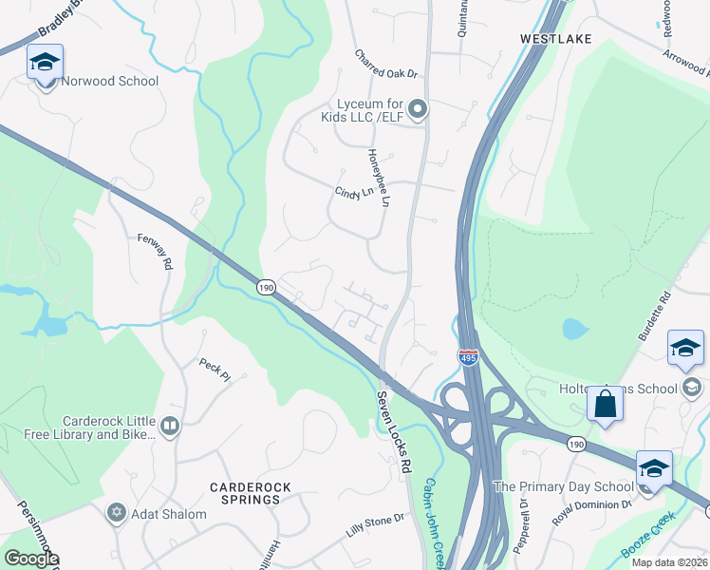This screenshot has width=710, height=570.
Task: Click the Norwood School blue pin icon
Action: click(45, 65)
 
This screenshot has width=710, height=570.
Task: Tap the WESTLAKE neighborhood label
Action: click(555, 39)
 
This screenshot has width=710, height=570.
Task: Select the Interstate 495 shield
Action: click(468, 358)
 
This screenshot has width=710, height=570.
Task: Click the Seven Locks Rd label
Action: click(393, 432)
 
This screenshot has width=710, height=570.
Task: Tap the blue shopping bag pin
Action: click(604, 406)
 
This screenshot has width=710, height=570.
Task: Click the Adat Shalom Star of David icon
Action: click(117, 513)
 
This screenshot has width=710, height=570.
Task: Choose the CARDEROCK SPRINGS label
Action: click(250, 493)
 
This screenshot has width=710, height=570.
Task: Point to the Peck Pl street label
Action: click(214, 369)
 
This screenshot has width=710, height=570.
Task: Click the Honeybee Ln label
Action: click(380, 178)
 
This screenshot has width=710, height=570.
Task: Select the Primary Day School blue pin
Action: click(653, 470)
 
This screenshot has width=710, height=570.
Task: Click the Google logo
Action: click(31, 558)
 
